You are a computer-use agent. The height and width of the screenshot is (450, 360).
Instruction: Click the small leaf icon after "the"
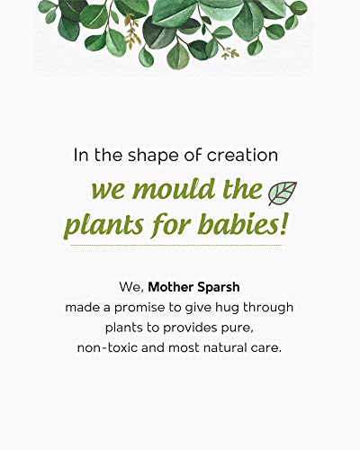(x=283, y=193)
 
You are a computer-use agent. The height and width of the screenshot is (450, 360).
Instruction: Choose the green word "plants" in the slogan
(x=104, y=227)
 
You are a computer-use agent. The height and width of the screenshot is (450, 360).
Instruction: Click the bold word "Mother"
(x=170, y=287)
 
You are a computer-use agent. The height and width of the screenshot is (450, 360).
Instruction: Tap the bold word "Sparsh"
(x=218, y=288)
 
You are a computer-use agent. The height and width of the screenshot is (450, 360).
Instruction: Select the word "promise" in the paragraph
(x=139, y=308)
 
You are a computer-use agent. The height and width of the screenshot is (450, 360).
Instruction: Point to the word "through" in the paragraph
(x=268, y=308)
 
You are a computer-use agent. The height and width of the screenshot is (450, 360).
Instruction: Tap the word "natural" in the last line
(x=225, y=348)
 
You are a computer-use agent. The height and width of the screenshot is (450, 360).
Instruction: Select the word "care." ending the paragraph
(x=265, y=348)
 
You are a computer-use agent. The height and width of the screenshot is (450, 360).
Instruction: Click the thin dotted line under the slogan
(x=176, y=245)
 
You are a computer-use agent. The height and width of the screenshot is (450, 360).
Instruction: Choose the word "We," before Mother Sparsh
(x=132, y=287)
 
